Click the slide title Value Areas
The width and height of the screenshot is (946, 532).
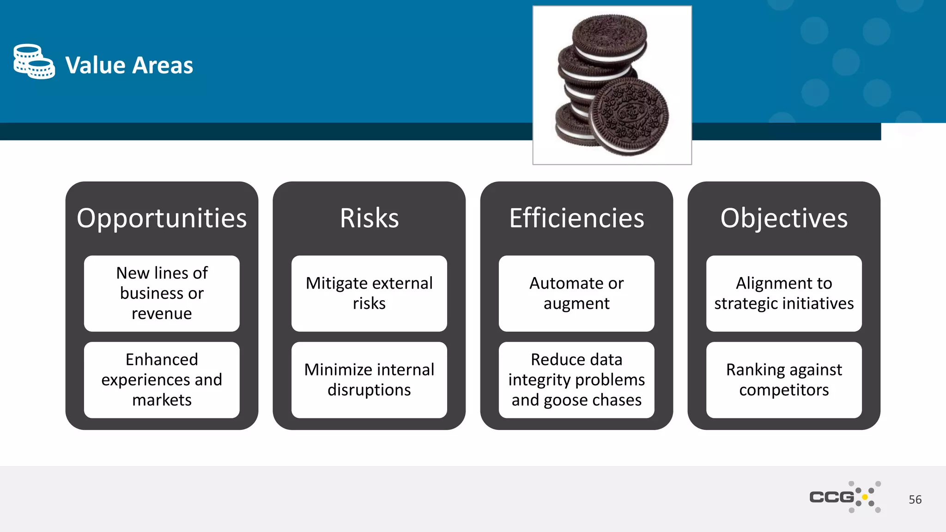click(x=129, y=65)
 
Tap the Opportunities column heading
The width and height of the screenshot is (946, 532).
click(x=162, y=218)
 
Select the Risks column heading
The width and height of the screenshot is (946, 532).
click(x=369, y=218)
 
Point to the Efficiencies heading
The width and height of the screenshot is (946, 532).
click(x=576, y=218)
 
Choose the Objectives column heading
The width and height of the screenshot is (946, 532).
click(x=784, y=218)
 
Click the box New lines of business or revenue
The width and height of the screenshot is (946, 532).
click(x=162, y=293)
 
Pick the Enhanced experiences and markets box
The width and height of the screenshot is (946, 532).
click(x=162, y=380)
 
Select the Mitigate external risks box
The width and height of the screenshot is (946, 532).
click(x=369, y=293)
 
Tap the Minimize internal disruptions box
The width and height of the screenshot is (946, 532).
click(x=369, y=380)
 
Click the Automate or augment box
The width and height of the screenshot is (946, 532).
click(x=576, y=293)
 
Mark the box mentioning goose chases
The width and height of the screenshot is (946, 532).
click(x=576, y=380)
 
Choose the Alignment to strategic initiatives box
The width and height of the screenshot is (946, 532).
click(x=784, y=293)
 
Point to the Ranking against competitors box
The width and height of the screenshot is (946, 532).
click(x=784, y=380)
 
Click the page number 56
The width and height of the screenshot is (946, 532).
click(x=915, y=500)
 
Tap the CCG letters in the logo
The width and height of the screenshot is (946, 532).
click(x=831, y=497)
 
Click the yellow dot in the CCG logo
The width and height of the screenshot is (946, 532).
click(x=865, y=497)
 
